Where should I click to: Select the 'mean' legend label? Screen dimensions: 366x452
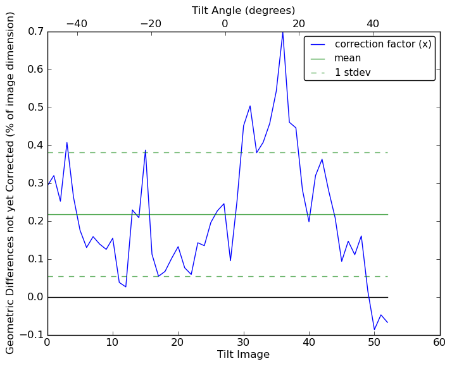coord(348,58)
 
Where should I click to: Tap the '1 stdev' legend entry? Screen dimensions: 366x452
coord(353,72)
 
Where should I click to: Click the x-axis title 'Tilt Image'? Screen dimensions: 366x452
coord(243,355)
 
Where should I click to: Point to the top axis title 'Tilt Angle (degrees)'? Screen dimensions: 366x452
coord(243,10)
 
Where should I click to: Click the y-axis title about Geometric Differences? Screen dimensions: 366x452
coord(11,183)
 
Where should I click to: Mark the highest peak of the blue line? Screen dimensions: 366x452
coord(282,32)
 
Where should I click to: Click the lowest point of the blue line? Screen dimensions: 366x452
coord(374,330)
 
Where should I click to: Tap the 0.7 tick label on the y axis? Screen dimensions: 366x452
coord(36,31)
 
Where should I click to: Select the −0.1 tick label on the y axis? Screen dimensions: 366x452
coord(33,335)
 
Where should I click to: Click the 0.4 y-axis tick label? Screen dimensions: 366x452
coord(36,145)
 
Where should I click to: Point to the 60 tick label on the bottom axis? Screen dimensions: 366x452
coord(439,343)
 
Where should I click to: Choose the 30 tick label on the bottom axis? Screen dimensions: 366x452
coord(243,343)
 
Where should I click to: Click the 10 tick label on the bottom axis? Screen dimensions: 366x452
coord(113,343)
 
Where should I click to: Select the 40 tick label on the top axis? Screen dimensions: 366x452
coord(372,23)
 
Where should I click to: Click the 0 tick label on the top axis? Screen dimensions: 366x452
coord(225,23)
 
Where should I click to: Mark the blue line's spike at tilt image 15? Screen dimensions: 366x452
coord(146,150)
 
